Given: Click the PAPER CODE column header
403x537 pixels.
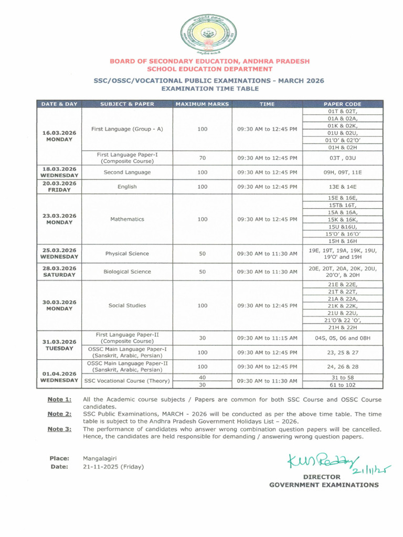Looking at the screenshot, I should click(x=342, y=104).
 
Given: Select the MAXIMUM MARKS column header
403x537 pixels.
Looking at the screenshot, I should click(x=202, y=104).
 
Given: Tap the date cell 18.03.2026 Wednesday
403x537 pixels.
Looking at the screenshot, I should click(x=59, y=172).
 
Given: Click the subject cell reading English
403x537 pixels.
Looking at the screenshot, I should click(x=127, y=187).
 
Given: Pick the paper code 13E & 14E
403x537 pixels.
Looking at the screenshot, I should click(x=342, y=187).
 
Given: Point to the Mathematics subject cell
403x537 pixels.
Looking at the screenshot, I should click(x=127, y=219).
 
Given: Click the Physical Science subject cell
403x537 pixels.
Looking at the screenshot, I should click(x=127, y=254).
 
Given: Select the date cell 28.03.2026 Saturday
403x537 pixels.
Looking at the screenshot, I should click(x=59, y=272).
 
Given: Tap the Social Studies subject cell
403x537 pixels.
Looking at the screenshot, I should click(x=127, y=305).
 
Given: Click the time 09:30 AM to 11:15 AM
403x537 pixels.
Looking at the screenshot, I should click(x=267, y=338).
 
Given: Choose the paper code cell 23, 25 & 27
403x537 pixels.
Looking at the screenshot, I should click(x=342, y=352).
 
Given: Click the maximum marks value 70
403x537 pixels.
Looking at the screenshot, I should click(x=202, y=157).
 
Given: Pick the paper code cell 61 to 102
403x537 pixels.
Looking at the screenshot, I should click(x=342, y=385).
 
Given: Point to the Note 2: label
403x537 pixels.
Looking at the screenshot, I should click(x=59, y=414).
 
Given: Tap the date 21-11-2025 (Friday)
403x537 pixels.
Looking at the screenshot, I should click(x=113, y=467).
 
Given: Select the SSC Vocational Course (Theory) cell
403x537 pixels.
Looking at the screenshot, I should click(x=127, y=381).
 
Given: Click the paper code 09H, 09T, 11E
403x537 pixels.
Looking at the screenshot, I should click(x=342, y=172).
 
